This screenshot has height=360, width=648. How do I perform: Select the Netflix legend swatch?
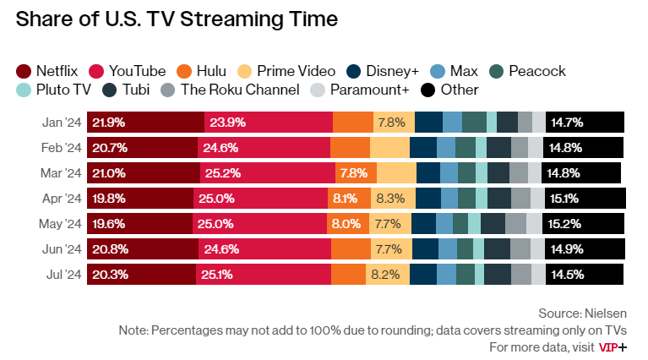(x=24, y=71)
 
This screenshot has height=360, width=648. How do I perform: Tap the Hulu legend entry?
(x=204, y=71)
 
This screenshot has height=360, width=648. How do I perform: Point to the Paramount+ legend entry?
(x=360, y=90)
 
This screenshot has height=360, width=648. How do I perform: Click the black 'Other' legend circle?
(x=428, y=90)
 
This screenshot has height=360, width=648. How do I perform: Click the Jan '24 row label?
(x=62, y=122)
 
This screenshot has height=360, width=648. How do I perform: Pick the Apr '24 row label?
(x=62, y=199)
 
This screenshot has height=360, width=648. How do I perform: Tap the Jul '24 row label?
(x=62, y=275)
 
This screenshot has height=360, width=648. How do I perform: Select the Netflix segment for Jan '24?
(x=145, y=122)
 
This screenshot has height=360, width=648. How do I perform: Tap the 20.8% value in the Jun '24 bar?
(x=110, y=249)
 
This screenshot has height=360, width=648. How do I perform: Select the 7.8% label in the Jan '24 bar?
(x=391, y=122)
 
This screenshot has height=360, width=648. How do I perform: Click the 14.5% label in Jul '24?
(x=567, y=275)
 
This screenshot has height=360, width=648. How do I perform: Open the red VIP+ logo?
(x=613, y=347)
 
